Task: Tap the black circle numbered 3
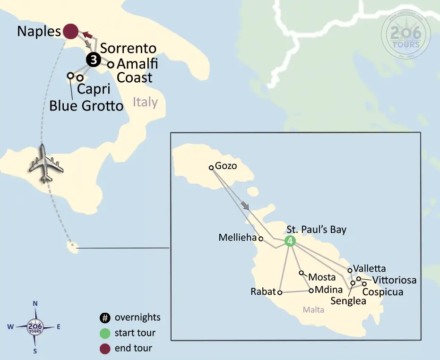tap(93, 60)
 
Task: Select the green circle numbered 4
tap(290, 240)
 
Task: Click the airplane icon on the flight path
tap(45, 164)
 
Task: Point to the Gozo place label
tap(225, 166)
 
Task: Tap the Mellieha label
tap(237, 238)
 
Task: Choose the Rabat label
tap(263, 292)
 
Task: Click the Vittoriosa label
tap(394, 280)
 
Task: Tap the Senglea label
tap(349, 301)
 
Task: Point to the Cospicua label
tap(383, 292)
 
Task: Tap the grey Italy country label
tap(145, 102)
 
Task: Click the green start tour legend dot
tap(105, 333)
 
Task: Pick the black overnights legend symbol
tap(105, 317)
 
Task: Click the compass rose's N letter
tap(35, 304)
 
